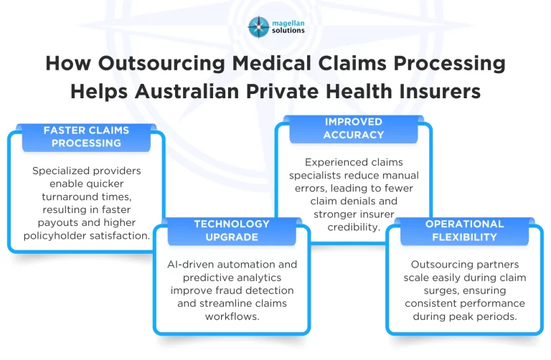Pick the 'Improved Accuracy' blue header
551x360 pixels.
[x=354, y=128]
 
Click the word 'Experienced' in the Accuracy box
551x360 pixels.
[x=334, y=162]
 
